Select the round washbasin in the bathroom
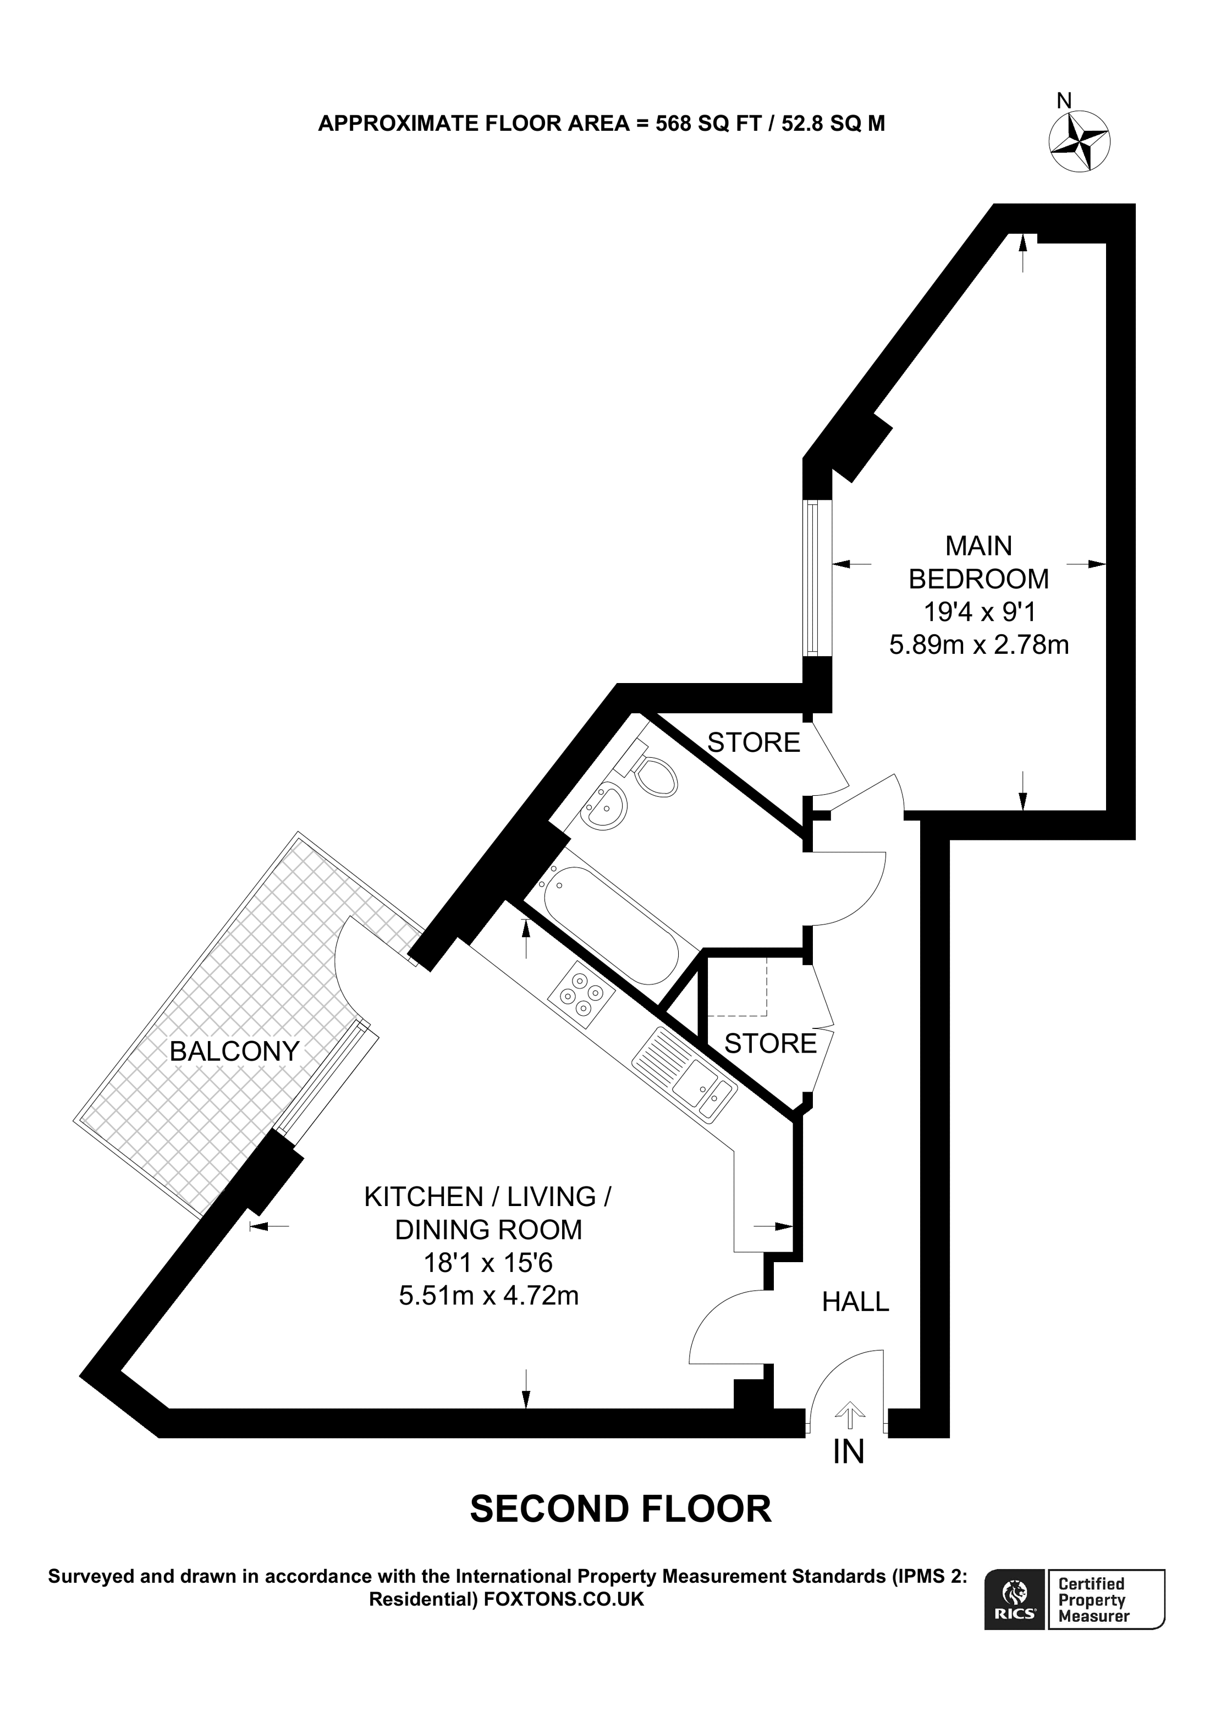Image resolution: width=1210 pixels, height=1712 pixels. [x=604, y=807]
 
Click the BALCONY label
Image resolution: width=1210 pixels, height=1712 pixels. [x=234, y=1052]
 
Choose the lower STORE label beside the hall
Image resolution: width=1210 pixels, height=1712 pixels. [x=770, y=1043]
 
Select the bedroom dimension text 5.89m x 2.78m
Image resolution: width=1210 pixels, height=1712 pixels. [x=979, y=644]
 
